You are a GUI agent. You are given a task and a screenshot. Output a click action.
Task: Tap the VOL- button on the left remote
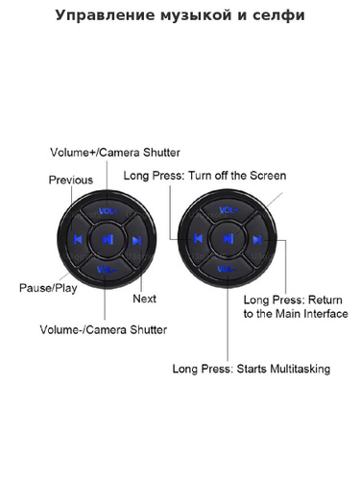pyautogui.click(x=107, y=270)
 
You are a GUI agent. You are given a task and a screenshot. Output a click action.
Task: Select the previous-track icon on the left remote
pyautogui.click(x=78, y=239)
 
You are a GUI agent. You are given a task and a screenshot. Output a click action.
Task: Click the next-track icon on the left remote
pyautogui.click(x=136, y=241)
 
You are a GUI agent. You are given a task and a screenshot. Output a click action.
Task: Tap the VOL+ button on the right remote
pyautogui.click(x=228, y=210)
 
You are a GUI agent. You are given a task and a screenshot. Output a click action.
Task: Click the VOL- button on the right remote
pyautogui.click(x=227, y=269)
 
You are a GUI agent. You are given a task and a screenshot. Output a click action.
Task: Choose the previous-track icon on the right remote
pyautogui.click(x=199, y=238)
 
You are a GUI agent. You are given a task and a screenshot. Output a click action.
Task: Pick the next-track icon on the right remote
pyautogui.click(x=257, y=240)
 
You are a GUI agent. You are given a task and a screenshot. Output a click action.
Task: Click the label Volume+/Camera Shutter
pyautogui.click(x=115, y=153)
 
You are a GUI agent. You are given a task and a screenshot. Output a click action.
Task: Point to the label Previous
pyautogui.click(x=71, y=180)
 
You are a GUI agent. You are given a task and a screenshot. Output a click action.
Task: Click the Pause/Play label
pyautogui.click(x=48, y=288)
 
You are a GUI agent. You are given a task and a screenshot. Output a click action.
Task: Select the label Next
pyautogui.click(x=144, y=299)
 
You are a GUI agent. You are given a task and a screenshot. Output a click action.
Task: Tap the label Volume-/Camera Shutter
pyautogui.click(x=104, y=330)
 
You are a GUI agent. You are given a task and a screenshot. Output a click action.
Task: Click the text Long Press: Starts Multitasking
pyautogui.click(x=252, y=369)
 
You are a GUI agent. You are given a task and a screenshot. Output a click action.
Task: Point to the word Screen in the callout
pyautogui.click(x=268, y=176)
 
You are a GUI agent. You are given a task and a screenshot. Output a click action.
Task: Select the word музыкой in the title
pyautogui.click(x=196, y=15)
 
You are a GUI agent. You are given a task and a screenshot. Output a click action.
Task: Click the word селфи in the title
pyautogui.click(x=278, y=15)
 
